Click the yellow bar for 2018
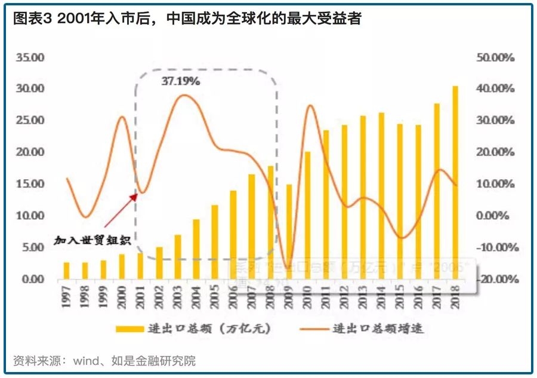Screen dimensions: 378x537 (455, 182)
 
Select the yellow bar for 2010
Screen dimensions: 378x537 (308, 215)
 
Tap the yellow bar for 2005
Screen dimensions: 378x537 (214, 242)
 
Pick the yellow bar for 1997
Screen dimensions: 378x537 (67, 271)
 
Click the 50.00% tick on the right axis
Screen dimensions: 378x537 (495, 58)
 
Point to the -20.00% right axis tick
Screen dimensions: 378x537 (495, 279)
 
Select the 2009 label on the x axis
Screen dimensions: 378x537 (289, 296)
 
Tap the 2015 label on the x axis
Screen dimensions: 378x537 (400, 296)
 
